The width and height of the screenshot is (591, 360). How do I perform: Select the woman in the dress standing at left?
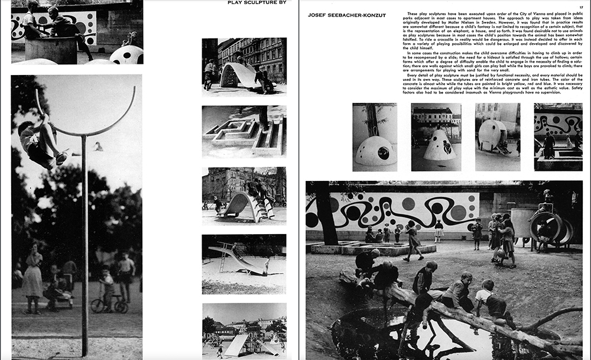[x=32, y=278]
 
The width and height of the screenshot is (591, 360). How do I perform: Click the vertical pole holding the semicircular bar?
[x=85, y=248]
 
